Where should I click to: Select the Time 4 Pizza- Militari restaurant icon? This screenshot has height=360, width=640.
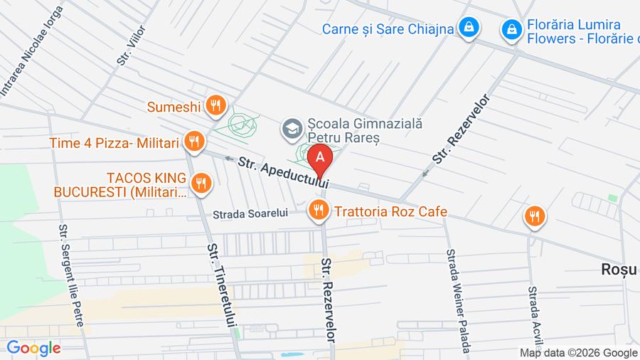pos(193,142)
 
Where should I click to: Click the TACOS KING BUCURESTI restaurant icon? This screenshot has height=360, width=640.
pos(202,183)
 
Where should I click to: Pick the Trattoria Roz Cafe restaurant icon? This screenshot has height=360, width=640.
pos(318,210)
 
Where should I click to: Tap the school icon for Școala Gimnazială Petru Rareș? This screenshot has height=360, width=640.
pos(292,129)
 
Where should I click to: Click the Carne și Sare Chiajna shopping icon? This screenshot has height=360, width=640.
pos(469,28)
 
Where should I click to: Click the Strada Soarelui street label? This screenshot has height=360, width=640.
pos(250,213)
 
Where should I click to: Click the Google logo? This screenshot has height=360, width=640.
pos(33,348)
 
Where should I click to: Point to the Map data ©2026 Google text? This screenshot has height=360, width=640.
pos(578,352)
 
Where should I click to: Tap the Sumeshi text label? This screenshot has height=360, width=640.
pos(174,107)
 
